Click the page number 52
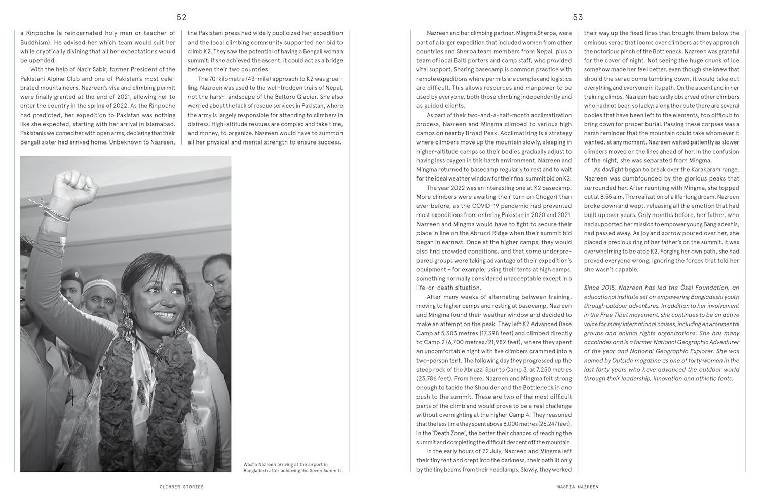[181, 17]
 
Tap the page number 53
[578, 17]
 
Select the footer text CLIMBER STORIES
[181, 487]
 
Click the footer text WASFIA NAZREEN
[577, 487]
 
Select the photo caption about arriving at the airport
[293, 468]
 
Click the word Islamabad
[157, 124]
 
